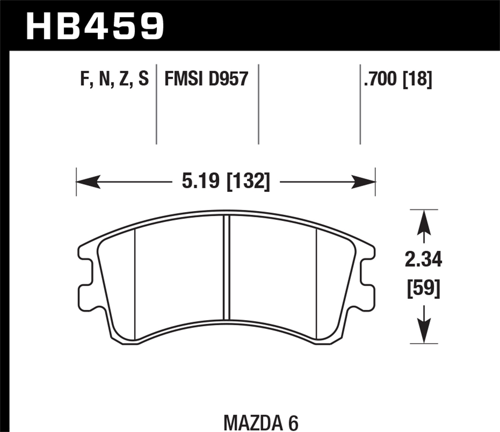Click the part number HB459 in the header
click(x=95, y=26)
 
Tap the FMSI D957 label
click(x=206, y=79)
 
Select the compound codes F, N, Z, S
click(x=114, y=79)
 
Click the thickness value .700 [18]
click(x=398, y=79)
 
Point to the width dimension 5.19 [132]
click(x=226, y=182)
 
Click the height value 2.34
click(x=423, y=260)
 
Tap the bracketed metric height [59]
click(x=423, y=288)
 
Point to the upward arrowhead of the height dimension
click(x=424, y=222)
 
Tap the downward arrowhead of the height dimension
click(x=424, y=331)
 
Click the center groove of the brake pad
click(x=226, y=267)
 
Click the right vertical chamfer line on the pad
click(x=316, y=283)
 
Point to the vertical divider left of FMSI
click(x=156, y=103)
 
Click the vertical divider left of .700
click(x=360, y=103)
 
